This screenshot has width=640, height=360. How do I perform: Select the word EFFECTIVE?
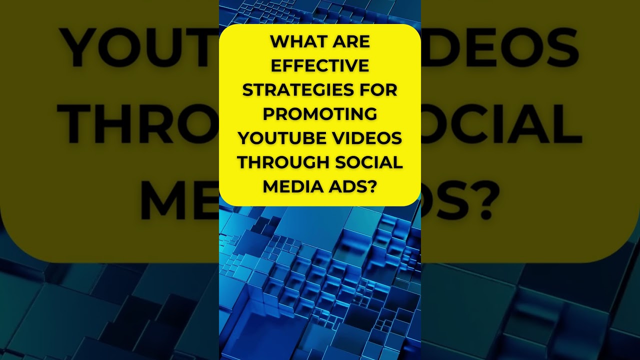[320, 65]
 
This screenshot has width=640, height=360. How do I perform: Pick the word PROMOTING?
[320, 113]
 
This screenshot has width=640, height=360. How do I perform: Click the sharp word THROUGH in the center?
[283, 162]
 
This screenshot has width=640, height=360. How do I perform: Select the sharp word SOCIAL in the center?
[369, 162]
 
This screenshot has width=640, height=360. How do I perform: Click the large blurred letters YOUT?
[140, 47]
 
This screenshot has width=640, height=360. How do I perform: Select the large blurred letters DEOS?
[500, 47]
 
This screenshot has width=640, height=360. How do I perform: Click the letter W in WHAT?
[279, 41]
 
